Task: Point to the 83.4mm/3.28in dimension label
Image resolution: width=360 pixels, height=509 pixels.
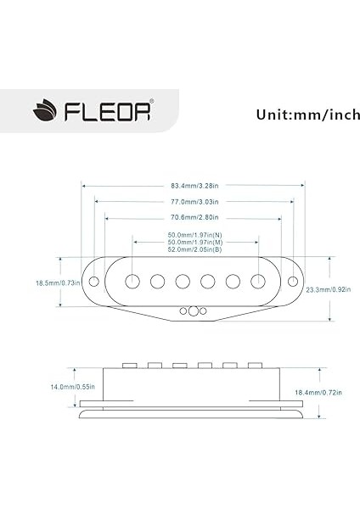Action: coord(194,185)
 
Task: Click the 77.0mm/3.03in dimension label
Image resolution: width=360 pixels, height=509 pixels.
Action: coord(194,202)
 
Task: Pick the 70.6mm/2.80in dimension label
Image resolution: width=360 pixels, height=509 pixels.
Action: coord(194,218)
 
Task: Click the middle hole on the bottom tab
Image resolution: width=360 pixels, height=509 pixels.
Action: coord(194,311)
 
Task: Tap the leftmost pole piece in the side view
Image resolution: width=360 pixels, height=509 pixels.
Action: coord(132,366)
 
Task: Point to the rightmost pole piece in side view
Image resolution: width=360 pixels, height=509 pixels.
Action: coord(252,366)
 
